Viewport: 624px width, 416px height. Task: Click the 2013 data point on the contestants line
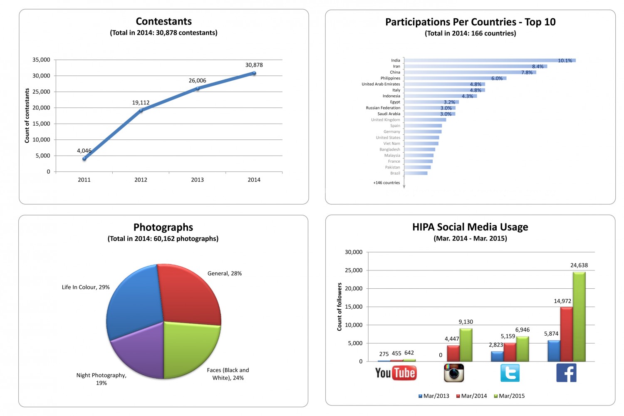197,88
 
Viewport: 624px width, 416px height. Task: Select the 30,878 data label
254,65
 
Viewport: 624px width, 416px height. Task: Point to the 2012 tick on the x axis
141,180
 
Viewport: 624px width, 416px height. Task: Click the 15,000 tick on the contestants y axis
41,124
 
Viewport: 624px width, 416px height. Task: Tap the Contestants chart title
163,22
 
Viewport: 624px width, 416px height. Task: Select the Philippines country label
390,78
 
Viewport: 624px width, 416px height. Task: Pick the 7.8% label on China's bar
527,72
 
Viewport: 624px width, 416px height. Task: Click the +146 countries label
386,183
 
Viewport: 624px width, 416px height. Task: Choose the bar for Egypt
431,102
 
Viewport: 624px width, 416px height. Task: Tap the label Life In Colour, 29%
86,287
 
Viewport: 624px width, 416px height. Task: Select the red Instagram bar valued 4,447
453,353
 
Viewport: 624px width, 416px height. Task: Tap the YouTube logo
396,373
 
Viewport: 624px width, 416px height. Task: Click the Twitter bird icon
510,373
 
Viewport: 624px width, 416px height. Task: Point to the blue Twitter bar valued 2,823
497,357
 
